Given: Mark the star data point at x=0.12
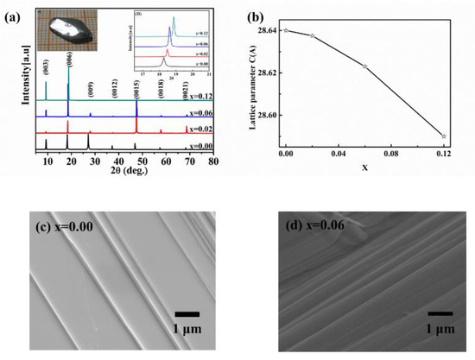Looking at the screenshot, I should [x=444, y=136].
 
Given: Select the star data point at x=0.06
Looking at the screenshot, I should [x=364, y=66].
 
